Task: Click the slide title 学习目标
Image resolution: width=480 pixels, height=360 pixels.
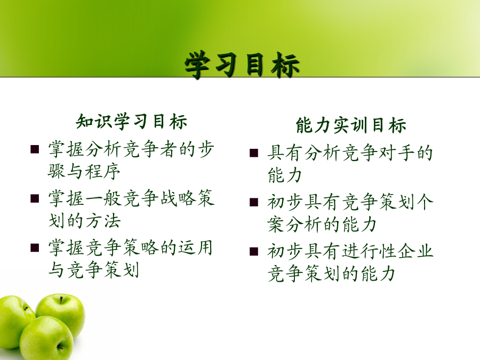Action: pos(242,65)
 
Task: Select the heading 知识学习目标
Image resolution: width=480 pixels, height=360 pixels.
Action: pos(131,122)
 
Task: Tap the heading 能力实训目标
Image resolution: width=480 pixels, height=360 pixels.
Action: pos(351,125)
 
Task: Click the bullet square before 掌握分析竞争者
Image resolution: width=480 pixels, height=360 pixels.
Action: pos(35,149)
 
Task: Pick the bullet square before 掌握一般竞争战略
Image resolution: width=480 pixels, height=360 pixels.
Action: pos(35,199)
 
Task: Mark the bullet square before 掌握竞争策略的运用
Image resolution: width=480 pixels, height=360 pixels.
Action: pos(35,247)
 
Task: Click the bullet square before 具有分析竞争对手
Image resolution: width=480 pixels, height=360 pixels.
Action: pos(254,153)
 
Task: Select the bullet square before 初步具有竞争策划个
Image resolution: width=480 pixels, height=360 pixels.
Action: pos(254,202)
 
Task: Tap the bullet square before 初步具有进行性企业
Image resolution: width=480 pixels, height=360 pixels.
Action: pos(254,251)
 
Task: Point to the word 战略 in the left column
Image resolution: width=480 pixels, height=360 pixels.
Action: pos(178,198)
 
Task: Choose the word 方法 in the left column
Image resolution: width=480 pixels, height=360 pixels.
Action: pos(103,220)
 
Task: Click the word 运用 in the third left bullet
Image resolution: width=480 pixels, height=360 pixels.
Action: pos(195,247)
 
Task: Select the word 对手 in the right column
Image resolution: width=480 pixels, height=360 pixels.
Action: pos(397,153)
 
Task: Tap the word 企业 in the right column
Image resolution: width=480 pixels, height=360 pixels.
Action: pos(415,251)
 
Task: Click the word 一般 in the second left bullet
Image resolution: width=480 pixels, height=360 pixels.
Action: pos(103,198)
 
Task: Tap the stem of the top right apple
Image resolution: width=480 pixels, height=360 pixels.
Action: pos(61,300)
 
